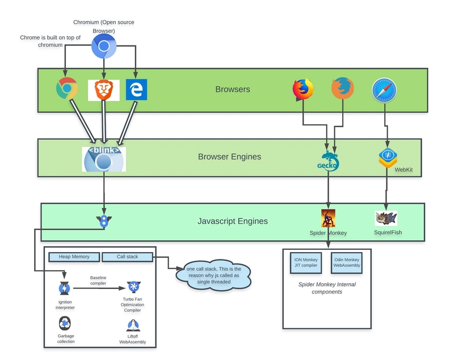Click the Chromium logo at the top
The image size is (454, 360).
tap(104, 46)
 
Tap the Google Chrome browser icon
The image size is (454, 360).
tap(67, 90)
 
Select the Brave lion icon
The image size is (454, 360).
tap(103, 90)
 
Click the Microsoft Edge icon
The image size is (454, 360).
tap(136, 90)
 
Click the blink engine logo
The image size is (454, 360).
tap(103, 159)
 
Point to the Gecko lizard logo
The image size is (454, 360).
tap(328, 162)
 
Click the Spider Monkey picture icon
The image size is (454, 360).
tap(328, 218)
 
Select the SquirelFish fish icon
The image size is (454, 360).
tap(386, 218)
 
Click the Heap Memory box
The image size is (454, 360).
tap(74, 257)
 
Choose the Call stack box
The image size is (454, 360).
tap(127, 257)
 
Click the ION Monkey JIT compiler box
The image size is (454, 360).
tap(305, 262)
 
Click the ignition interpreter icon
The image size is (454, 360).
tap(64, 288)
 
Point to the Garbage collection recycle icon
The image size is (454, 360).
tap(65, 324)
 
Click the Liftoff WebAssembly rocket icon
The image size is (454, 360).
tap(132, 325)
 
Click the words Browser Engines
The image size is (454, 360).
tap(229, 157)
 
